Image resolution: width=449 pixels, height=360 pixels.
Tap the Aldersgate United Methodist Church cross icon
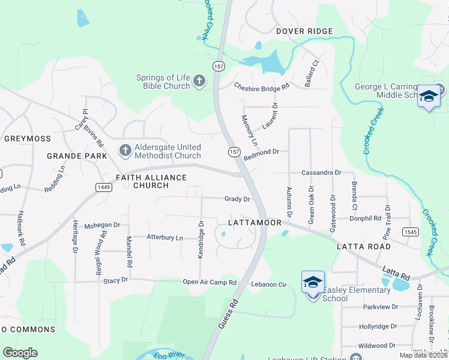pyautogui.click(x=125, y=151)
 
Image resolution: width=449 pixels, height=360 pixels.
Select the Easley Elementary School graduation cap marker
pyautogui.click(x=313, y=283)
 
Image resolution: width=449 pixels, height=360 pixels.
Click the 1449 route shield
pyautogui.click(x=103, y=188)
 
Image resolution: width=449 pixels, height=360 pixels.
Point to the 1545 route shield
pyautogui.click(x=411, y=232)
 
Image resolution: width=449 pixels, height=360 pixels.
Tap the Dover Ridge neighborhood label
pyautogui.click(x=304, y=31)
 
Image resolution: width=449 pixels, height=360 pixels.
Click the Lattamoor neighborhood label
pyautogui.click(x=255, y=223)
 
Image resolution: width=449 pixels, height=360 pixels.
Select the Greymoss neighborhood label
pyautogui.click(x=28, y=139)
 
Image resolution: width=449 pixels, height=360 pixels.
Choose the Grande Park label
pyautogui.click(x=77, y=156)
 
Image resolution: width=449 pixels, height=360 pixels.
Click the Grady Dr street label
pyautogui.click(x=237, y=199)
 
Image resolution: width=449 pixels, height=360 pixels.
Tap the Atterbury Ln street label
pyautogui.click(x=164, y=238)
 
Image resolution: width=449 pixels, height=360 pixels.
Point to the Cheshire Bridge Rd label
pyautogui.click(x=262, y=86)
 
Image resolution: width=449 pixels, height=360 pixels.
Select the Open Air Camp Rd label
pyautogui.click(x=209, y=282)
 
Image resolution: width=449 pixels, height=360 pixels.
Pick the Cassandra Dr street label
pyautogui.click(x=321, y=172)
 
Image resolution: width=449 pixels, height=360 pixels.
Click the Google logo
pyautogui.click(x=20, y=353)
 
